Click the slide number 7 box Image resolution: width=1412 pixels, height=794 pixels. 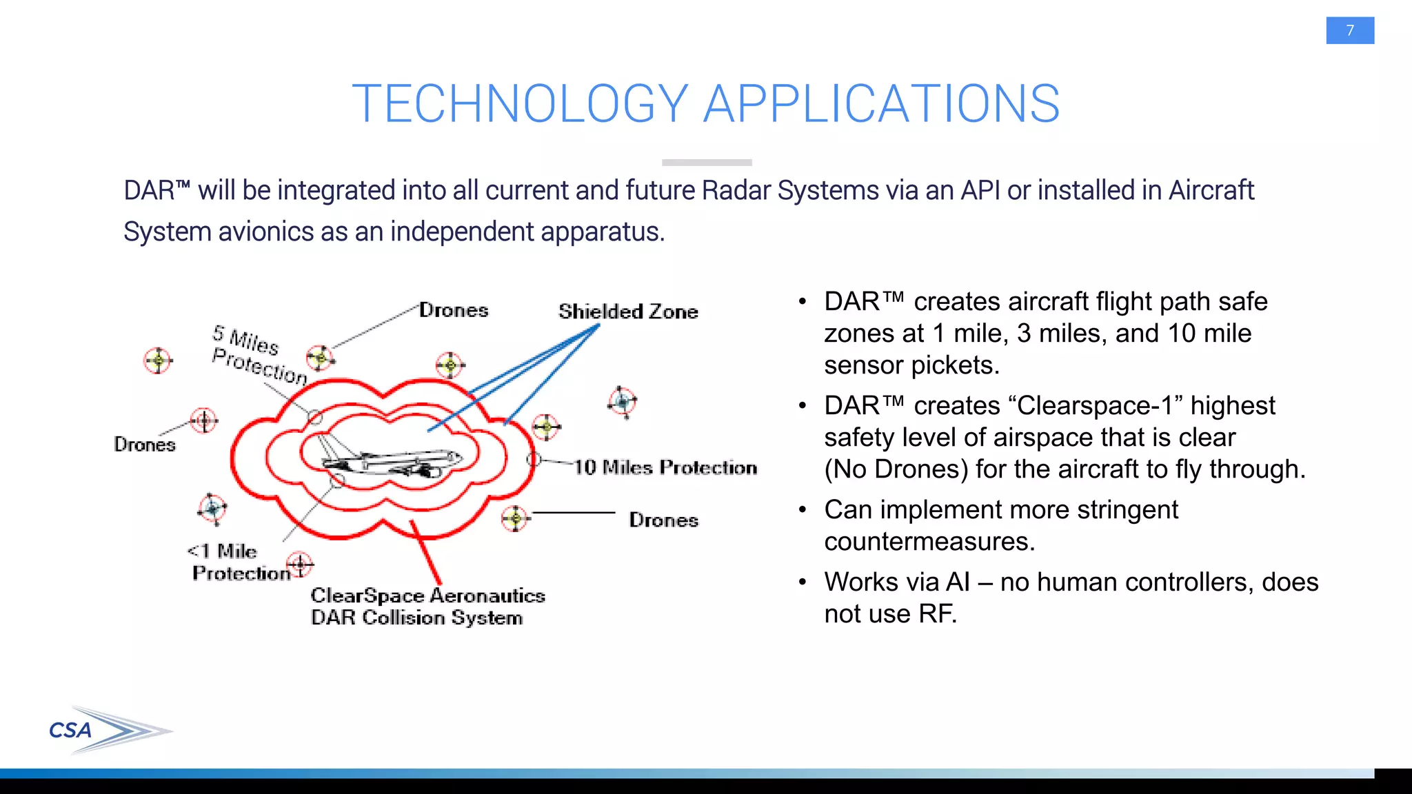click(1349, 30)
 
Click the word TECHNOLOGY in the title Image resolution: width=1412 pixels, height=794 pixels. click(520, 104)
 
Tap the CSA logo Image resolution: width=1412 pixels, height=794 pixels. click(103, 730)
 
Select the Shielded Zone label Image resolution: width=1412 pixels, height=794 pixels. click(627, 312)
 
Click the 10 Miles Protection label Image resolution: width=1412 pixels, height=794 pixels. click(665, 467)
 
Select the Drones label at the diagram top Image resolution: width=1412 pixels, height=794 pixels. click(453, 310)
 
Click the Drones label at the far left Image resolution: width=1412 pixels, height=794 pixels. click(145, 445)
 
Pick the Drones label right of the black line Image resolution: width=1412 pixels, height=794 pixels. click(663, 520)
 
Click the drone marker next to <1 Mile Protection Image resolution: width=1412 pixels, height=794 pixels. click(300, 564)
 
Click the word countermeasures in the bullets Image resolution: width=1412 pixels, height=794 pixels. click(929, 542)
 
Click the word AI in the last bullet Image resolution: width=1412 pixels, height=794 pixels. click(958, 582)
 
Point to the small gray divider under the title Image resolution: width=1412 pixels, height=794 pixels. click(707, 163)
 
